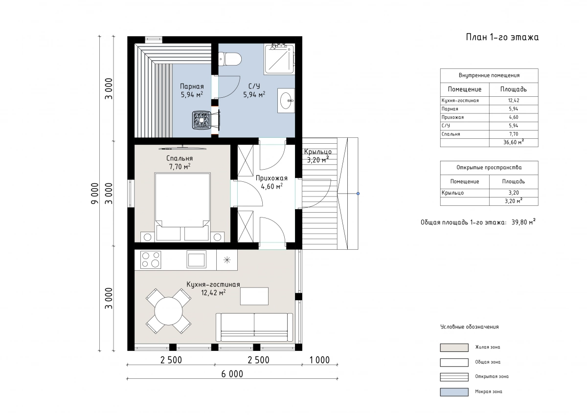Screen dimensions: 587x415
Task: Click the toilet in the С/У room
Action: click(x=230, y=59)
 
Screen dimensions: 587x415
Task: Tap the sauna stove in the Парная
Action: click(x=202, y=120)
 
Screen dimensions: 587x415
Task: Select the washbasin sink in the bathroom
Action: click(x=286, y=101)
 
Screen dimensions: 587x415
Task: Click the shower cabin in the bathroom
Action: click(x=279, y=59)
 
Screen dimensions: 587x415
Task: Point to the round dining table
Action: click(x=168, y=311)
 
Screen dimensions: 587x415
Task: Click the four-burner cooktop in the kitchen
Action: click(x=151, y=260)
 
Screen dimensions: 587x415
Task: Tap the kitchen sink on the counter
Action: click(x=196, y=259)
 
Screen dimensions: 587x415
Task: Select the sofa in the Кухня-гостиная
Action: click(x=254, y=328)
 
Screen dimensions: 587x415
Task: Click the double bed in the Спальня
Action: click(x=182, y=207)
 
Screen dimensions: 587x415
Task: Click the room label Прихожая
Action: click(x=271, y=178)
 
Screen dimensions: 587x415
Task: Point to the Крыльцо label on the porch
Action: click(x=318, y=152)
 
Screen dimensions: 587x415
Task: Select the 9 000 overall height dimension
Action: click(x=95, y=193)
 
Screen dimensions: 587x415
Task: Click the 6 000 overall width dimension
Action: click(x=232, y=374)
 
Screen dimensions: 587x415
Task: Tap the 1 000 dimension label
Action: click(x=319, y=360)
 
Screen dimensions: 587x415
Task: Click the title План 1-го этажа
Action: click(x=502, y=37)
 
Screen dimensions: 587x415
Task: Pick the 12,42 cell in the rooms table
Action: click(x=514, y=101)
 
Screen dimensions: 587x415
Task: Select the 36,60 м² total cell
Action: click(x=514, y=142)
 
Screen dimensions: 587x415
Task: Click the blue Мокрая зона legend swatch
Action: click(x=454, y=392)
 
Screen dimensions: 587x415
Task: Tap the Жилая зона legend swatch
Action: click(x=454, y=348)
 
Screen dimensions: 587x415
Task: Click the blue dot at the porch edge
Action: click(x=358, y=194)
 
